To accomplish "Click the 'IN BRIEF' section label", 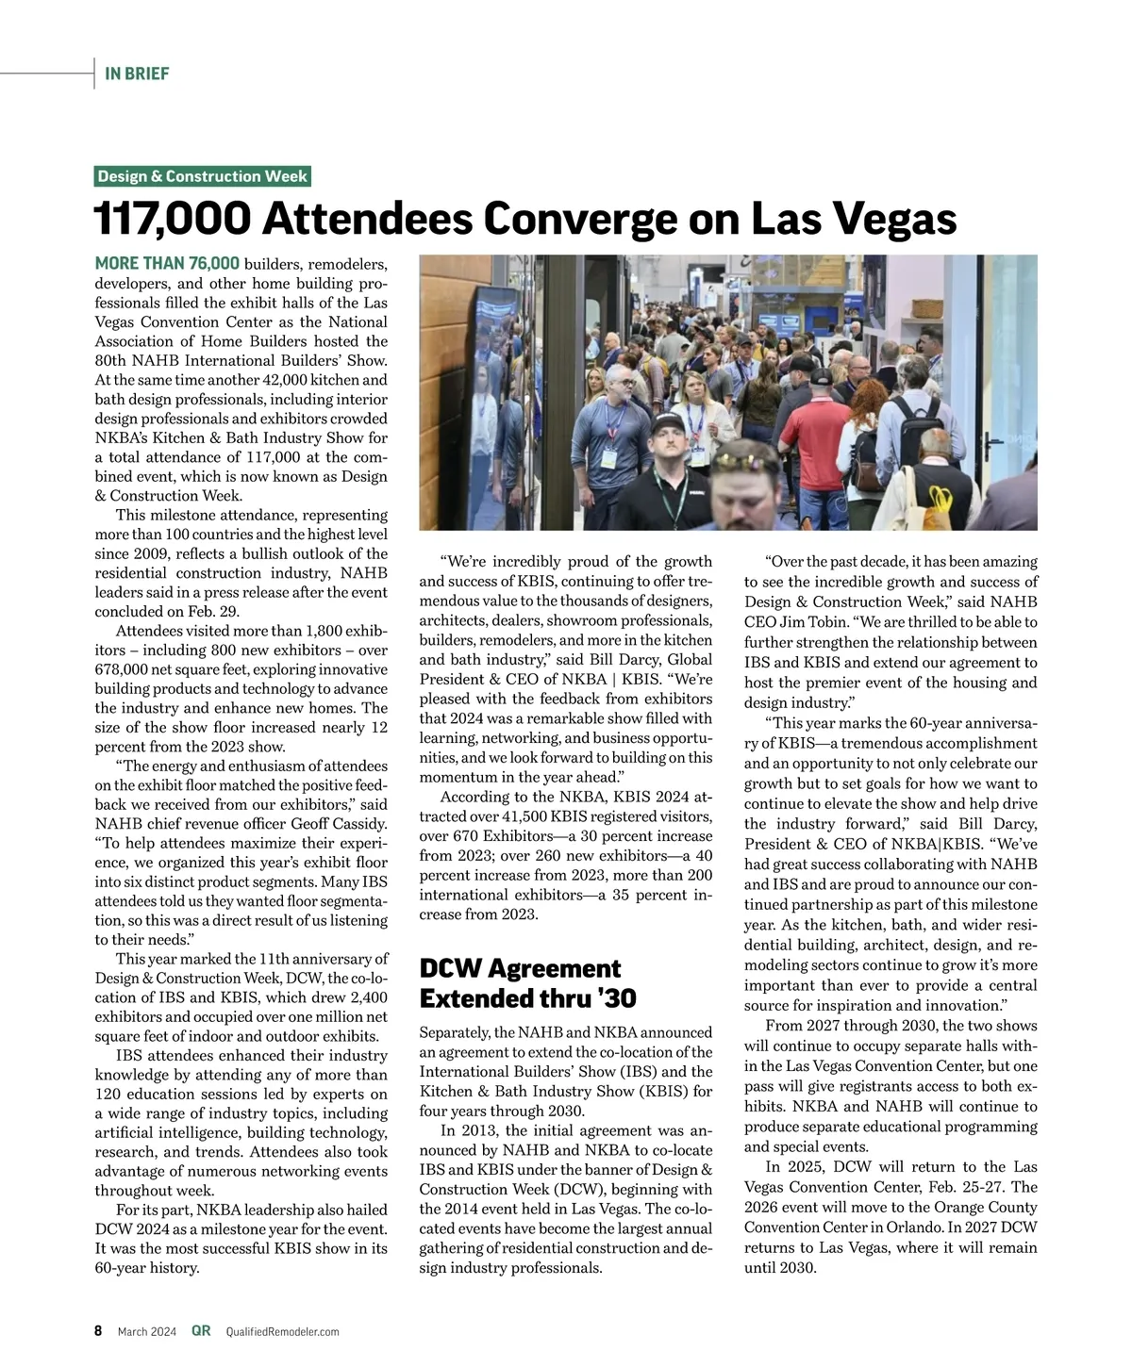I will point(137,74).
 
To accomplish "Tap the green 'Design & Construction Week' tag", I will point(203,176).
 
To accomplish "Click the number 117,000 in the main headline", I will point(173,219).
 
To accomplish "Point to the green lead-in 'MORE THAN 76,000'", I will point(167,264).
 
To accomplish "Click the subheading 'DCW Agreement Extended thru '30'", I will point(527,983).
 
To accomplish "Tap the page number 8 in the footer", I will point(98,1331).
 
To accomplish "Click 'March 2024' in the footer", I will point(146,1331).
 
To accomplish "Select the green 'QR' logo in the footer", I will point(201,1331).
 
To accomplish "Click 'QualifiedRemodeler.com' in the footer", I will point(282,1331).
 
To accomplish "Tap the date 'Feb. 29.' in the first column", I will point(214,611).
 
